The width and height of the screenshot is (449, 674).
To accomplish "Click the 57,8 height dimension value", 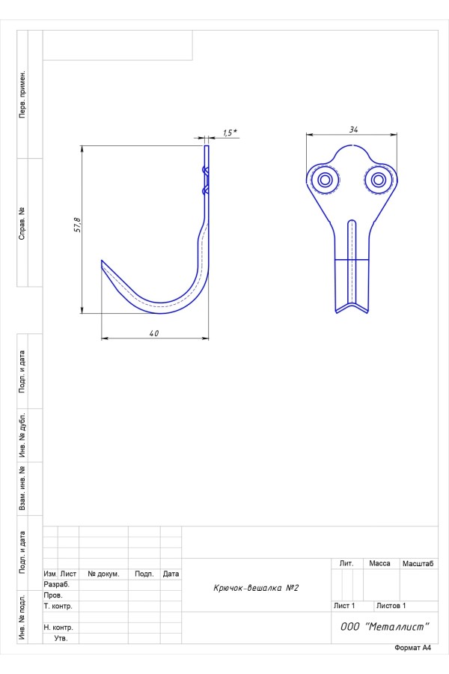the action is pos(78,225).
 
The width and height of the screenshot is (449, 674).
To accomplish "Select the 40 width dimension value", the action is pos(154,333).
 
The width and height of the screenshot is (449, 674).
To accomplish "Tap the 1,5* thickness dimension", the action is pos(230,133).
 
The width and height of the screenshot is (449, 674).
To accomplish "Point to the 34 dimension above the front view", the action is pos(354,130).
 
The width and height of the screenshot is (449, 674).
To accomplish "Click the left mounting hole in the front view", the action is pos(326,180).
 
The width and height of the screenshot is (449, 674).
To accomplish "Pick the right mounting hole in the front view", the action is pos(379,180).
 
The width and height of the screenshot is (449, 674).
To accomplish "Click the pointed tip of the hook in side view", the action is pos(102,261).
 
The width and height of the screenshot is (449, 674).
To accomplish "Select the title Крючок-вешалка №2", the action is pos(256,588).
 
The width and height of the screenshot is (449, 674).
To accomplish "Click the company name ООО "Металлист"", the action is pos(385,627).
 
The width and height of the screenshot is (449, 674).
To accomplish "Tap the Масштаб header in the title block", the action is pos(418,563).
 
